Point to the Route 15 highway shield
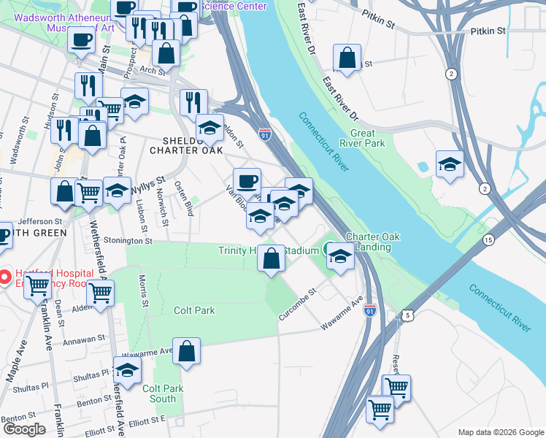[488, 239]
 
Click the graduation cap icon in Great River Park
[450, 164]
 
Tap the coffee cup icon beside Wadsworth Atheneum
[82, 39]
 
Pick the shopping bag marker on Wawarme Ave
[187, 351]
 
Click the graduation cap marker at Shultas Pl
[128, 371]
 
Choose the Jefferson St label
[41, 221]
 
